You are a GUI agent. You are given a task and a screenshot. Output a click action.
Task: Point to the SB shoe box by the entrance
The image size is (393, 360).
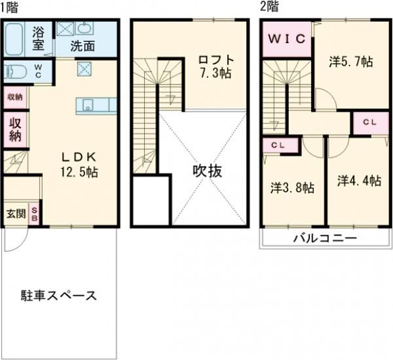[x=35, y=215]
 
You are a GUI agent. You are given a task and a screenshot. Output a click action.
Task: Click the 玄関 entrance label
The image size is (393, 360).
[x=16, y=214]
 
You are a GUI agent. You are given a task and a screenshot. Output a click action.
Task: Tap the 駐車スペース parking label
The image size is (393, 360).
[x=58, y=295]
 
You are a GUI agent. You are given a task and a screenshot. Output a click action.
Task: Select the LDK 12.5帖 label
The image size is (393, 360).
[x=80, y=164]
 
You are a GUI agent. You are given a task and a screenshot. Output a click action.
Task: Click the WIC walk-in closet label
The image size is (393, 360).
[x=286, y=39]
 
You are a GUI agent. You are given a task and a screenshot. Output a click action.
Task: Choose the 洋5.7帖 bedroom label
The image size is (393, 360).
[x=350, y=62]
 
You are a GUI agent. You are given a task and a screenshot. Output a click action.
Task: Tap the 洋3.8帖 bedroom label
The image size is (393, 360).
[x=292, y=188]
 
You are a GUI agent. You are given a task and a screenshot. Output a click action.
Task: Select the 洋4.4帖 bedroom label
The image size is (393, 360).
[x=359, y=181]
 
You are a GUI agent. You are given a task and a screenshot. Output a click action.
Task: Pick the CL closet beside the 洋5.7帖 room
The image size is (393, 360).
[x=367, y=122]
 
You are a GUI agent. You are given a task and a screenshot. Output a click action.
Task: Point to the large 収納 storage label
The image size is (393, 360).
[x=15, y=129]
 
